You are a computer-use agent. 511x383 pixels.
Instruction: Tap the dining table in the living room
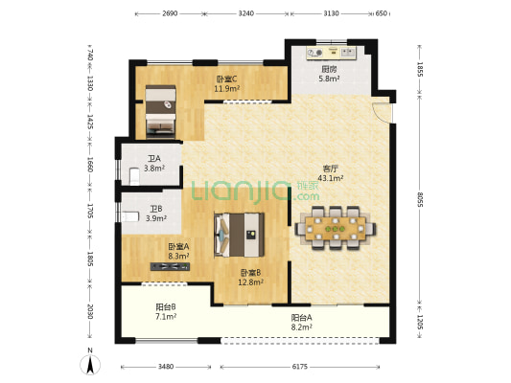point(336,228)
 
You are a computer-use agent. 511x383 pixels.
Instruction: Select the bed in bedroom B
point(239,235)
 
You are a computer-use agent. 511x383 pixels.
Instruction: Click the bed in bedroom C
point(160,110)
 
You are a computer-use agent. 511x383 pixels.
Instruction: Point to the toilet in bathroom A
point(134,176)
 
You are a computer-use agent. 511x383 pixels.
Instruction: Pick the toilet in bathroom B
point(130,216)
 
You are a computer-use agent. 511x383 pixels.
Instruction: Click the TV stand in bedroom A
point(170,266)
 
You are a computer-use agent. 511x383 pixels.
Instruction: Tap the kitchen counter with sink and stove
point(331,53)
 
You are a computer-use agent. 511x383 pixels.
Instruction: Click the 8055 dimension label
point(420,200)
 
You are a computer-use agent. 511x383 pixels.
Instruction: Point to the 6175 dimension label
point(299,367)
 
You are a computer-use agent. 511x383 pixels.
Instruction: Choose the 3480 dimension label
point(166,367)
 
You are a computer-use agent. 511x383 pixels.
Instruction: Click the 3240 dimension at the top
point(246,13)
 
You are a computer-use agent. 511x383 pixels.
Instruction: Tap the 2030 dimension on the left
point(90,312)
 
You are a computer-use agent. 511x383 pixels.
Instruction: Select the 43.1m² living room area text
point(331,178)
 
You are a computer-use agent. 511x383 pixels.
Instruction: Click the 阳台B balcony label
point(166,306)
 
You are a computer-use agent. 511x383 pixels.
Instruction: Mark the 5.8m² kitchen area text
point(329,79)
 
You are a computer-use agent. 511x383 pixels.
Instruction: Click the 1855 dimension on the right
point(420,69)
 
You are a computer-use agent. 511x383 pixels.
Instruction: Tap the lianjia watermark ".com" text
point(307,196)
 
